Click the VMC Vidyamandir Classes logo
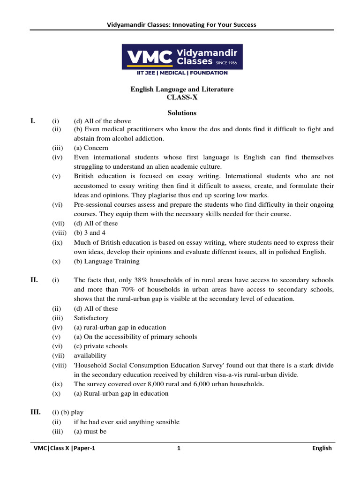tap(182, 57)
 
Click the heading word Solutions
tap(182, 113)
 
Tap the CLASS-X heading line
tap(182, 97)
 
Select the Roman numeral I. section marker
tap(33, 121)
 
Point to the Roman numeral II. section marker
tap(34, 280)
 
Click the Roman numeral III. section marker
tap(36, 412)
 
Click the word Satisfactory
tap(91, 318)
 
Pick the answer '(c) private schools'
tap(100, 346)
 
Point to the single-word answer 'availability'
tap(90, 356)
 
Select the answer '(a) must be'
tap(90, 431)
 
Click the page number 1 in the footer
tap(179, 448)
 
